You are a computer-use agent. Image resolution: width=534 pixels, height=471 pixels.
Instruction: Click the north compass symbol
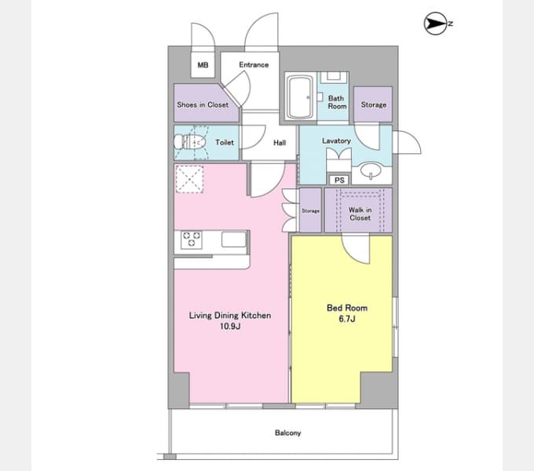point(436,24)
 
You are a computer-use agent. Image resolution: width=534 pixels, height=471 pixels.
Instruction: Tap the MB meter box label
point(203,64)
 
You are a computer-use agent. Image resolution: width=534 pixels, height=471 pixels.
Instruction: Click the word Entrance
point(254,64)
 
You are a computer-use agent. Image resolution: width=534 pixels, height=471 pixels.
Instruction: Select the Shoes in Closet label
point(203,105)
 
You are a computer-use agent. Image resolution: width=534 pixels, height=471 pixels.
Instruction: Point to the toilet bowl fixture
point(190,142)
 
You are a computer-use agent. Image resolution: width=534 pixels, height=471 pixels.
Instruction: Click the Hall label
point(280,143)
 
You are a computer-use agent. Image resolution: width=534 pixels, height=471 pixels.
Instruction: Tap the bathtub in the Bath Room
point(300,97)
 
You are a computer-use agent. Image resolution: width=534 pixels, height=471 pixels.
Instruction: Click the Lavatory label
point(336,141)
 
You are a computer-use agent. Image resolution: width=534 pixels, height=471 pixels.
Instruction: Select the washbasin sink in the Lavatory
point(371,170)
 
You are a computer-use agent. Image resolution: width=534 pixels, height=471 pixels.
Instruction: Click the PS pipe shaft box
point(339,180)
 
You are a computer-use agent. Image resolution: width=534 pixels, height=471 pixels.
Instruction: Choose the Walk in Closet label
point(360,214)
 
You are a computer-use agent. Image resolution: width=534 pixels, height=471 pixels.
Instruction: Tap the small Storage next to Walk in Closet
point(310,210)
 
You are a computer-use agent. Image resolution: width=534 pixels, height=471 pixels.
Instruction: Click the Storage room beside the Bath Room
point(373,104)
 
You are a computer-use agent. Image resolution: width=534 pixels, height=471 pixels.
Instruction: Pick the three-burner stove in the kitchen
point(191,239)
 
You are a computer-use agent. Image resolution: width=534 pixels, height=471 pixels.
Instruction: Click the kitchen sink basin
point(234,239)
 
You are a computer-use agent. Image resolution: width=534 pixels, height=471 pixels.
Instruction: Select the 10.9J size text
point(230,327)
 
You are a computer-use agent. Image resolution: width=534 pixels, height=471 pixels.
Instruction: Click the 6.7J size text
point(347,319)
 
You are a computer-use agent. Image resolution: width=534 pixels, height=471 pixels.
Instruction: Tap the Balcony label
point(287,433)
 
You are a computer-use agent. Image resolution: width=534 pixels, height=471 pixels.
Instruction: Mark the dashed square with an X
point(189,179)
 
